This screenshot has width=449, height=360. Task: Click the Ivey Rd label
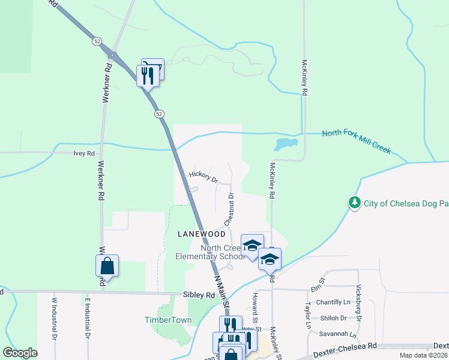pyautogui.click(x=84, y=154)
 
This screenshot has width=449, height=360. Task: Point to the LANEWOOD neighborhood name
pyautogui.click(x=201, y=234)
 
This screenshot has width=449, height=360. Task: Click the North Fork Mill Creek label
pyautogui.click(x=356, y=141)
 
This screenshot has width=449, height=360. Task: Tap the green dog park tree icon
pyautogui.click(x=355, y=203)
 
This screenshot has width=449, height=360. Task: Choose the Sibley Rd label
pyautogui.click(x=198, y=295)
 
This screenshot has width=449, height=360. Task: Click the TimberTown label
pyautogui.click(x=168, y=320)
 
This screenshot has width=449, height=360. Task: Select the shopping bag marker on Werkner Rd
pyautogui.click(x=107, y=265)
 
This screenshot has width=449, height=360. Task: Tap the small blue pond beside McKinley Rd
pyautogui.click(x=286, y=145)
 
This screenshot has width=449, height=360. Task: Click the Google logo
pyautogui.click(x=20, y=352)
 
